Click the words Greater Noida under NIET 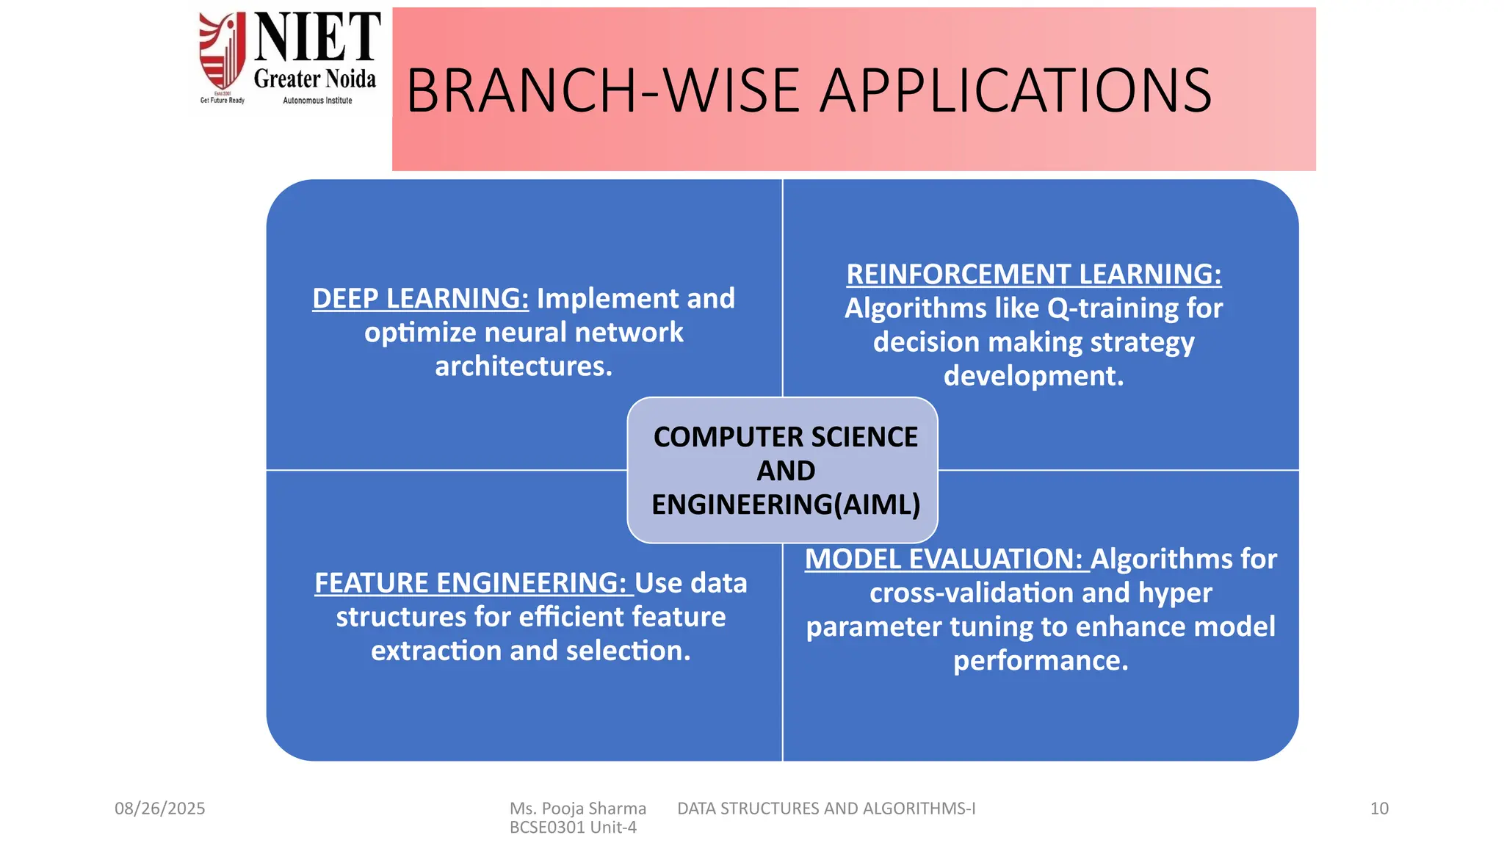click(314, 79)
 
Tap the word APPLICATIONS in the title click(1015, 91)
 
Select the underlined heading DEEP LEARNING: click(420, 299)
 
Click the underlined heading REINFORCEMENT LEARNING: click(1033, 275)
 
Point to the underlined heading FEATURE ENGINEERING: click(472, 583)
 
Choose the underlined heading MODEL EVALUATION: click(945, 560)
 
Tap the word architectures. click(523, 366)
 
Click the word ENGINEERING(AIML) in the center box click(785, 505)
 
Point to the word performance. click(1040, 661)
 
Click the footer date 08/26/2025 click(159, 809)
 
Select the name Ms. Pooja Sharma click(577, 809)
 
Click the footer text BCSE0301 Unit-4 click(573, 828)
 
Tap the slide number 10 click(1378, 809)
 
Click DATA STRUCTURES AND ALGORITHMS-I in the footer click(825, 809)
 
